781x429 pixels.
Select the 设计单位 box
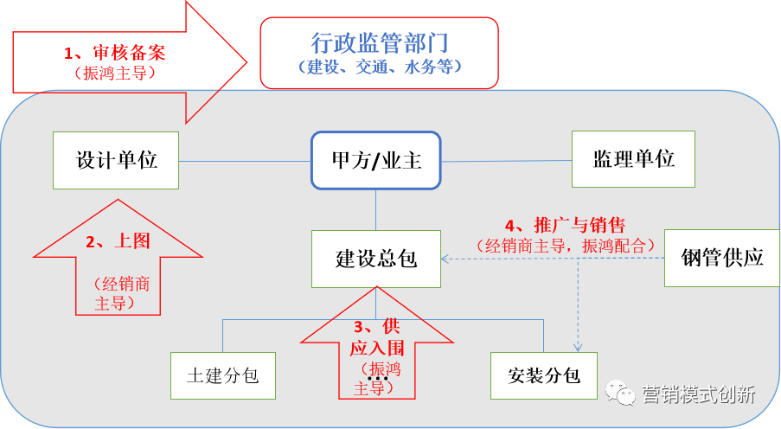click(x=116, y=160)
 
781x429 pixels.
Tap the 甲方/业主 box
click(x=375, y=160)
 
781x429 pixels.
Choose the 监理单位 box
click(x=633, y=159)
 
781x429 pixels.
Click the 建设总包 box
click(x=376, y=259)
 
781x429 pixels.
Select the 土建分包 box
click(x=222, y=376)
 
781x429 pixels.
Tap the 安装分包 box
click(x=543, y=376)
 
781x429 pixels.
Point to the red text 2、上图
click(x=117, y=242)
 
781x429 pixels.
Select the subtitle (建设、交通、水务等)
click(x=379, y=67)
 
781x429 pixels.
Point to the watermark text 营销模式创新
click(x=699, y=395)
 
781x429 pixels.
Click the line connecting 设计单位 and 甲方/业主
click(x=245, y=161)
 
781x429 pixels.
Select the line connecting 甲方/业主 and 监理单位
click(x=506, y=161)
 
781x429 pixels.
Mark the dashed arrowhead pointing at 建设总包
click(x=445, y=259)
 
